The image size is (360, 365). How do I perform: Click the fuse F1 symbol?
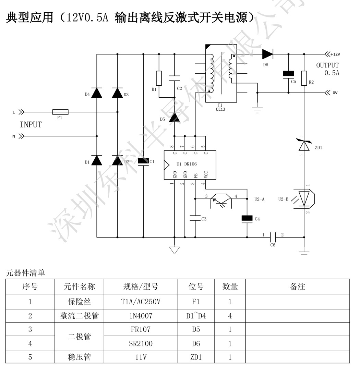pos(60,112)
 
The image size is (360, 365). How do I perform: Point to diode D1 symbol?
pos(97,160)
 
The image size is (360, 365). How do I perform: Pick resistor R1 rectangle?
pos(159,78)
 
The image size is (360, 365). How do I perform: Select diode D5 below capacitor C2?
pos(175,118)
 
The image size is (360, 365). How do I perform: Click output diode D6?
pos(268,54)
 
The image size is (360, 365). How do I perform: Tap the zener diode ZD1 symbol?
pos(304,145)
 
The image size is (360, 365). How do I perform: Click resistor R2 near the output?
pos(304,78)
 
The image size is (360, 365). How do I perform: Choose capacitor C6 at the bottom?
pos(273,237)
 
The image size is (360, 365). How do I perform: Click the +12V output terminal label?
pos(335,54)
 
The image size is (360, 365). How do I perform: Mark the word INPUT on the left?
pos(31,125)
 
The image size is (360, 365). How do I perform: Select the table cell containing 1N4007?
pos(141,316)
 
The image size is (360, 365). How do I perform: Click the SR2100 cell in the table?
pos(141,343)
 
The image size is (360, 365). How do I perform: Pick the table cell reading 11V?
pos(141,357)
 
